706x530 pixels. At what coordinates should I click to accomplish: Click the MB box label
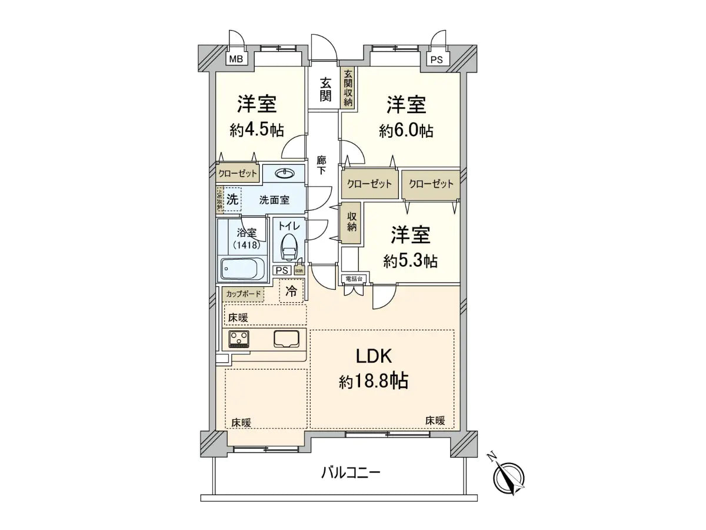tap(236, 59)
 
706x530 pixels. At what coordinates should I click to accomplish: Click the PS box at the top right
tap(435, 59)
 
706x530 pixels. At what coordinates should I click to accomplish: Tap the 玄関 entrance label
tap(325, 90)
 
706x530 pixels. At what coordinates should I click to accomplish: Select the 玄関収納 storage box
tap(348, 88)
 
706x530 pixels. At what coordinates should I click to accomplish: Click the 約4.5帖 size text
tap(257, 130)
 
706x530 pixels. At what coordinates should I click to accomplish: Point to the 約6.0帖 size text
tap(407, 130)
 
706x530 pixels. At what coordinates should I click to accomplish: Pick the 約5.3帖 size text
tap(410, 261)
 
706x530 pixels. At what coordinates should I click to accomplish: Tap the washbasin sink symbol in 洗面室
tap(285, 173)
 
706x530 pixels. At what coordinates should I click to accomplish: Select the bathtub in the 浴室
tap(243, 270)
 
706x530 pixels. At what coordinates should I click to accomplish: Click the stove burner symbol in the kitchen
tap(239, 339)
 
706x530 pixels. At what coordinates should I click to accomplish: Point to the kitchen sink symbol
tap(287, 339)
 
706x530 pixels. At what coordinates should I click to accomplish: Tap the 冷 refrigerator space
tap(291, 290)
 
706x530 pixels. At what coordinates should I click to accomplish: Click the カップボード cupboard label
tap(242, 293)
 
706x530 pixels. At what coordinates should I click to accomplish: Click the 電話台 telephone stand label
tap(355, 278)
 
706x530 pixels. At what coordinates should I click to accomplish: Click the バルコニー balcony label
tap(351, 473)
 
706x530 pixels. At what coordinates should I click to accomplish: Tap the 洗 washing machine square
tap(233, 200)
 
